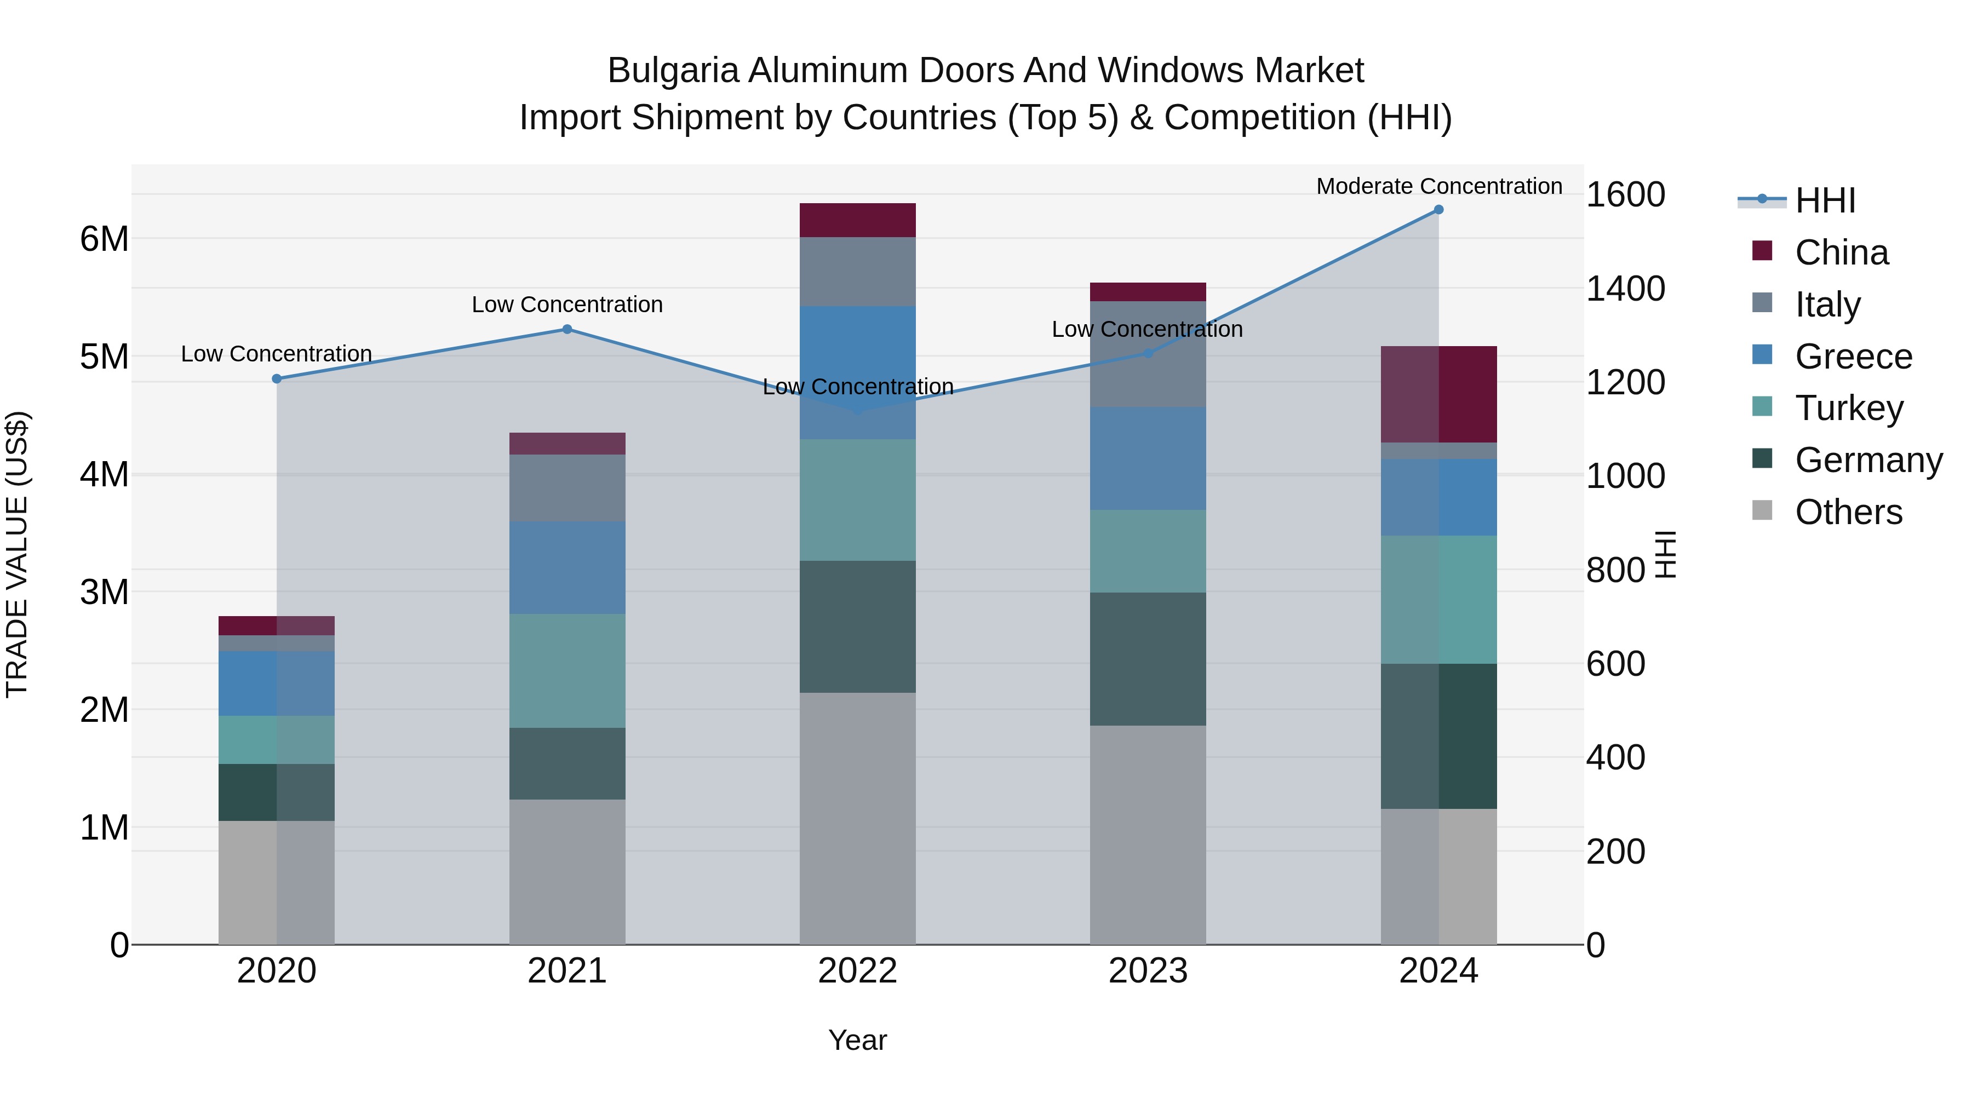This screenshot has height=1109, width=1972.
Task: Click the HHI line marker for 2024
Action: pyautogui.click(x=1438, y=210)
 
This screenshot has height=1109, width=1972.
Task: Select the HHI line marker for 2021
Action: pyautogui.click(x=567, y=330)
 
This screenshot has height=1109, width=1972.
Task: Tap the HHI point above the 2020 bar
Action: pyautogui.click(x=277, y=379)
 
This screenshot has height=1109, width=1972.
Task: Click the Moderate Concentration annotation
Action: pyautogui.click(x=1438, y=187)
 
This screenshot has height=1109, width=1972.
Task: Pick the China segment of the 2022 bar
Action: pyautogui.click(x=857, y=220)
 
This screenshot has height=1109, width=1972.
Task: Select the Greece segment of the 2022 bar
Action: pyautogui.click(x=857, y=373)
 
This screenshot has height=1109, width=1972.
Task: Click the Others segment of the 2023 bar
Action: pyautogui.click(x=1148, y=834)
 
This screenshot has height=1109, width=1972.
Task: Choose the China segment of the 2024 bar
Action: pyautogui.click(x=1438, y=394)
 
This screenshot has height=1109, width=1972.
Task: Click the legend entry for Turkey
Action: pyautogui.click(x=1849, y=408)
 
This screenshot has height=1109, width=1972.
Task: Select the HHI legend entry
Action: pyautogui.click(x=1825, y=200)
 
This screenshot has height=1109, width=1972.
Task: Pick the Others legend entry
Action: pyautogui.click(x=1848, y=512)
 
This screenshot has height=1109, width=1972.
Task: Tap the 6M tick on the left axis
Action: pyautogui.click(x=104, y=239)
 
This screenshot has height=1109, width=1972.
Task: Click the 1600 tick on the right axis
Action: pyautogui.click(x=1625, y=194)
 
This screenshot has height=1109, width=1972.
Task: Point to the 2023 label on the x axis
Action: pyautogui.click(x=1148, y=971)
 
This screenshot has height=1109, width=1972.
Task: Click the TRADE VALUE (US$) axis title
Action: pyautogui.click(x=18, y=554)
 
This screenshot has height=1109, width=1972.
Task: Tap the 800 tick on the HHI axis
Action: pyautogui.click(x=1615, y=570)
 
